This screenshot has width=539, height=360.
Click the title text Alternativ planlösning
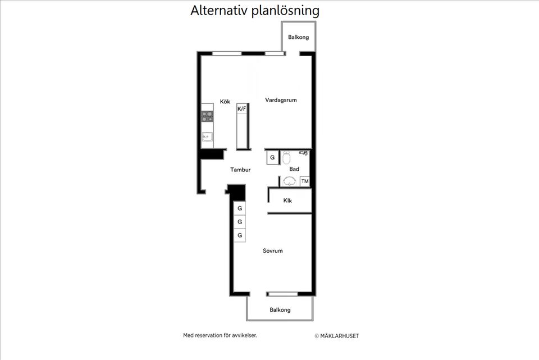pos(255,11)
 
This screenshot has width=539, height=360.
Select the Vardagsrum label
pos(281,100)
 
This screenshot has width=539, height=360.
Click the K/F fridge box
pos(242,108)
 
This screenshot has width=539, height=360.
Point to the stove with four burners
pos(207,116)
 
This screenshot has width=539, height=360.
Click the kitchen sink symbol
pos(207,136)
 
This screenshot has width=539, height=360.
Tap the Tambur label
pos(240,170)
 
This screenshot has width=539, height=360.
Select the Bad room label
pos(294,169)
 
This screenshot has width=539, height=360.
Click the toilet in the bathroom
pos(286,157)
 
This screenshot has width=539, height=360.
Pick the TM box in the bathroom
pos(305,181)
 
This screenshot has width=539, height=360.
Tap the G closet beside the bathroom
pos(272,158)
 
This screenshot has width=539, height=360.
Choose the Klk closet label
pos(287,200)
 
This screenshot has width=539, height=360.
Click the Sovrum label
pos(273,251)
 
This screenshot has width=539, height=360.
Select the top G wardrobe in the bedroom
pos(240,208)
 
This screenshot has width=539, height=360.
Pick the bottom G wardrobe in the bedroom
pos(240,235)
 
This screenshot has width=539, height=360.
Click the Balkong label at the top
pos(299,38)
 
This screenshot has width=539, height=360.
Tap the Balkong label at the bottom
pos(280,309)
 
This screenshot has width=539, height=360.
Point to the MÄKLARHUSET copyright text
pos(336,336)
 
